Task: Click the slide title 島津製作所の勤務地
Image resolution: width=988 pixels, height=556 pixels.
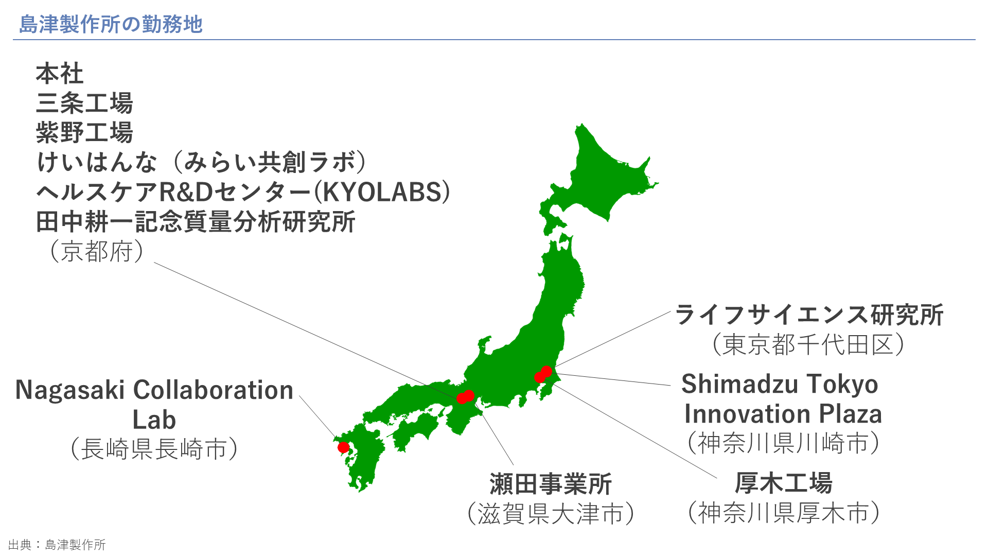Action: pos(111,24)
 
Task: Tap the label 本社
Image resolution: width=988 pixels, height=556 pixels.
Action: pos(60,74)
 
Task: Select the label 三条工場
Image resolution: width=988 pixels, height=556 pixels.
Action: pos(84,103)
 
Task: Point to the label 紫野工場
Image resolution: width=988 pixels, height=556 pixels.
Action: pos(84,132)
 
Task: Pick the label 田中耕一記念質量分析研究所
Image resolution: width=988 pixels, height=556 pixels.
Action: pos(196,222)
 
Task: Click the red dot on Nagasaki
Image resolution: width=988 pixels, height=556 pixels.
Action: pos(343,447)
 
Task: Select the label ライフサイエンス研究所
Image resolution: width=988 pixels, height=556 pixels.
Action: pos(809,315)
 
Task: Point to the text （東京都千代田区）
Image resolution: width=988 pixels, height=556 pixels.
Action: pos(808,344)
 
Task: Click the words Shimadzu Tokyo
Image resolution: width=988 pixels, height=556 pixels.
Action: pos(780,384)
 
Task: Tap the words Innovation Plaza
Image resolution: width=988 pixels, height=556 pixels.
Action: pos(783,414)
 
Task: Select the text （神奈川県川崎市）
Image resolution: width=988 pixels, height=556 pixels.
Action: pos(784,443)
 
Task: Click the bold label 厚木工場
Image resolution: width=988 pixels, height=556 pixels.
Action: pos(783,483)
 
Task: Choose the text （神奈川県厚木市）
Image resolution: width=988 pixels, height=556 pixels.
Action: pos(784,513)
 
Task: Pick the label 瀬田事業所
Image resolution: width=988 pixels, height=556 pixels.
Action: pos(551,484)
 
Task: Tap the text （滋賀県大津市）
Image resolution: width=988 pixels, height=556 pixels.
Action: pos(551,514)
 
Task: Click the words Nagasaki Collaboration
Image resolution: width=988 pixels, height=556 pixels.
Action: pos(154,390)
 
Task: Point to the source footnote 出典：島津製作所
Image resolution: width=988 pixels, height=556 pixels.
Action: pos(57,545)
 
